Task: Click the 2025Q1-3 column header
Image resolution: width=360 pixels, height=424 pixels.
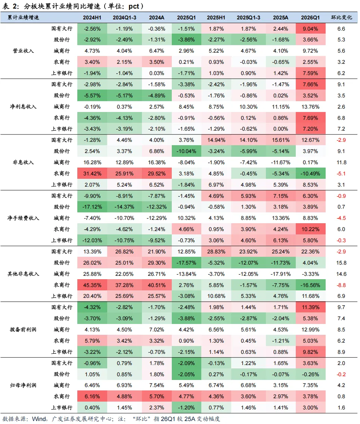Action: pyautogui.click(x=248, y=18)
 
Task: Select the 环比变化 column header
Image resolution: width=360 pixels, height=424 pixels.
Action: pyautogui.click(x=341, y=18)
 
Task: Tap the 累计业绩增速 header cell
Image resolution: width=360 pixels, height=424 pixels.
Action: pyautogui.click(x=23, y=18)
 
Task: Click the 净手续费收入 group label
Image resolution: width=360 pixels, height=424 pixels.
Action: pyautogui.click(x=23, y=218)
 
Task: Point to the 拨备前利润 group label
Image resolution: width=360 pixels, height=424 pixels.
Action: pyautogui.click(x=23, y=330)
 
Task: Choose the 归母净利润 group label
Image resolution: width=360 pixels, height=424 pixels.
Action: pyautogui.click(x=23, y=385)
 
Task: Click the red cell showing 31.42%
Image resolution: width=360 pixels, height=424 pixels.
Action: pyautogui.click(x=92, y=173)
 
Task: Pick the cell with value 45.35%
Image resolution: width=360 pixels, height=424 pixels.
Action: pyautogui.click(x=92, y=285)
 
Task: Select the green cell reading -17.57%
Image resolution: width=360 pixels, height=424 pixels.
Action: pyautogui.click(x=186, y=262)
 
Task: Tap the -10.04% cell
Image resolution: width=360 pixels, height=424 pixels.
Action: pyautogui.click(x=186, y=151)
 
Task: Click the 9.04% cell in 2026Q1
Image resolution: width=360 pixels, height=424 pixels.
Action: pyautogui.click(x=310, y=29)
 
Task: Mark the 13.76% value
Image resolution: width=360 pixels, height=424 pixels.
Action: pyautogui.click(x=310, y=107)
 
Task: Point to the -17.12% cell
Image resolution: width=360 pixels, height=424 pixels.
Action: pyautogui.click(x=92, y=207)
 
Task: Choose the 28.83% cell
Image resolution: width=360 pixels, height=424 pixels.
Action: pyautogui.click(x=216, y=252)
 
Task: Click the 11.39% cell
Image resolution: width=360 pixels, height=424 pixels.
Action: pyautogui.click(x=310, y=307)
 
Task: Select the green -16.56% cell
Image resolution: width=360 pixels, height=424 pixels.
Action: pyautogui.click(x=310, y=285)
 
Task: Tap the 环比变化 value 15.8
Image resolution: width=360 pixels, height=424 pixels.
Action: pyautogui.click(x=341, y=262)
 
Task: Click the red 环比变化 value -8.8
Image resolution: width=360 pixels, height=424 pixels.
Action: pyautogui.click(x=341, y=285)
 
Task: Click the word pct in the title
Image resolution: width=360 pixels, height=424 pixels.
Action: pyautogui.click(x=134, y=6)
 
